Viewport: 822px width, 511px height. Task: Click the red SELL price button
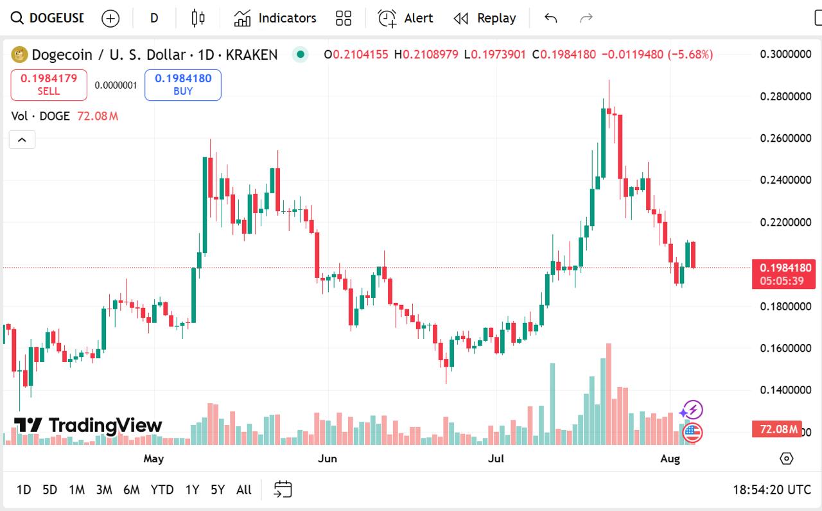click(49, 85)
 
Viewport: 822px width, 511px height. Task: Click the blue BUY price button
click(183, 85)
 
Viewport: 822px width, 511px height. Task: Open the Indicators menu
click(275, 18)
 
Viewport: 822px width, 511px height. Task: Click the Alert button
click(405, 18)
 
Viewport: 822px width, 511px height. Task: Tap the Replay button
click(485, 18)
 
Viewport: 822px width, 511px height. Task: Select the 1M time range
click(77, 490)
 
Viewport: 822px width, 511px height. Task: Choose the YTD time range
click(162, 490)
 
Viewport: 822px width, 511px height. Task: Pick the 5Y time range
click(218, 490)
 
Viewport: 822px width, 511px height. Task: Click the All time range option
click(244, 490)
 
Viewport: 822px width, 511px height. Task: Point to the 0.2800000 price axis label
click(785, 96)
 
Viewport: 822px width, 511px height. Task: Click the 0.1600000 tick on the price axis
click(785, 348)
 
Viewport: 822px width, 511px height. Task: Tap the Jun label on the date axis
click(328, 458)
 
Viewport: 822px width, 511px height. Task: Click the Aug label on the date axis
click(670, 458)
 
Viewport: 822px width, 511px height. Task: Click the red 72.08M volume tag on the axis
click(777, 429)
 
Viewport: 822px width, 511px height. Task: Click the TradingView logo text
click(89, 425)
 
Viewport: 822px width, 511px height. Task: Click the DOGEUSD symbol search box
click(49, 18)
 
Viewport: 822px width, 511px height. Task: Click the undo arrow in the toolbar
click(550, 18)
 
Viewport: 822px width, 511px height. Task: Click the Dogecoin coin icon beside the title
click(19, 55)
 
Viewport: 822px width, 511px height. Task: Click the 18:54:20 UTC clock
click(772, 490)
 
